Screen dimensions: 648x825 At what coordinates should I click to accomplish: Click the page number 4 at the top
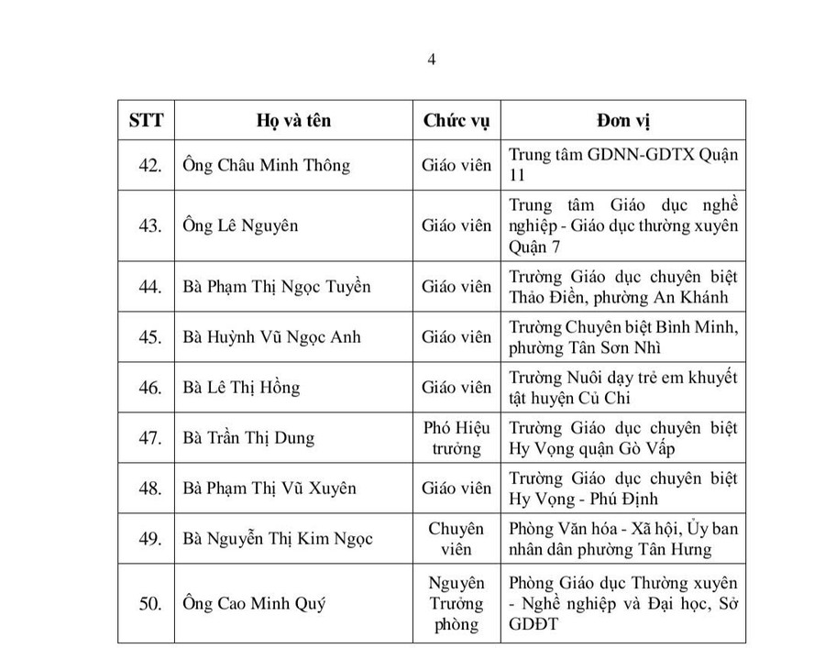tap(430, 60)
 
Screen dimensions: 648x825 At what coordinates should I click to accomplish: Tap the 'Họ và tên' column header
tap(293, 121)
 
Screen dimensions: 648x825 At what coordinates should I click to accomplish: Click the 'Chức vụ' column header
tap(456, 121)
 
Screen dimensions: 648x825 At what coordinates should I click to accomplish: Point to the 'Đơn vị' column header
tap(623, 121)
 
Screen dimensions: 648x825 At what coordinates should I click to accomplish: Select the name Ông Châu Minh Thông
tap(266, 166)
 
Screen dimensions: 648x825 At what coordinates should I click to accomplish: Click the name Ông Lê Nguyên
tap(239, 225)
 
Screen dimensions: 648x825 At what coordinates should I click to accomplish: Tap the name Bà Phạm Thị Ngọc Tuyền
tap(276, 287)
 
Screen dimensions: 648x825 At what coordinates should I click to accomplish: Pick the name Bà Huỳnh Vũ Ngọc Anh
tap(271, 337)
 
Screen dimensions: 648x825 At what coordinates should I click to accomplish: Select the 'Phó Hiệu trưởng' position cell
tap(456, 438)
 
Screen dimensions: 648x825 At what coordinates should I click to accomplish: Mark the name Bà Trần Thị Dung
tap(248, 438)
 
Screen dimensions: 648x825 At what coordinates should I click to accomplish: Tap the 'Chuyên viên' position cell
tap(456, 539)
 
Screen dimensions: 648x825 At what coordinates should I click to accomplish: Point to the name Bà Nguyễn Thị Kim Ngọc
tap(278, 539)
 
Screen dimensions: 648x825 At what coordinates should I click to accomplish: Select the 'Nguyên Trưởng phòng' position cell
tap(456, 604)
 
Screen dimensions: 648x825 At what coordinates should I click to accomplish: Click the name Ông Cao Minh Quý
tap(254, 604)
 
